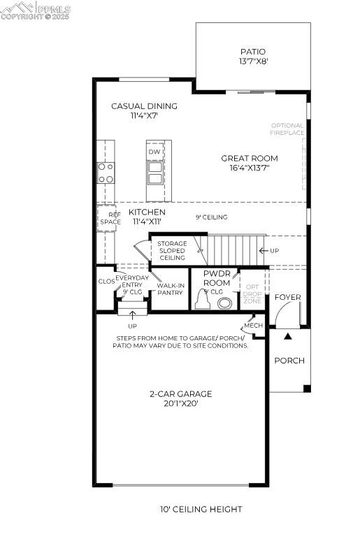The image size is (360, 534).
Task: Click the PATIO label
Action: [252, 56]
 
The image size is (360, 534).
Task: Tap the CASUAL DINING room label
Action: [144, 111]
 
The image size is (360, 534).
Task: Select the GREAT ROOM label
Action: [249, 163]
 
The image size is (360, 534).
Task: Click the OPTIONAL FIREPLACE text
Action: [287, 129]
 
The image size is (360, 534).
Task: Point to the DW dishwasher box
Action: [154, 152]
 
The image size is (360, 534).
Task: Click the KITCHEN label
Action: [147, 217]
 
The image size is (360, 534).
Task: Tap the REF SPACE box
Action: [110, 217]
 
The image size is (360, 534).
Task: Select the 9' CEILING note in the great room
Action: [211, 217]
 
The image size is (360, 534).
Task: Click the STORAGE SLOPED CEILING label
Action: [172, 251]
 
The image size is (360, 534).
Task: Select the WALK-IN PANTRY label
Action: [170, 289]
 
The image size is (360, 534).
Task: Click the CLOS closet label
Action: [106, 281]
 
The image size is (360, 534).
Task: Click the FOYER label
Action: [287, 297]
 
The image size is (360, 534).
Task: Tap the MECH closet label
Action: [252, 326]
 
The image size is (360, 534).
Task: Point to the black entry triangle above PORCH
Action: [287, 337]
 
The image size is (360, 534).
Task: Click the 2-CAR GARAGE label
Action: [180, 398]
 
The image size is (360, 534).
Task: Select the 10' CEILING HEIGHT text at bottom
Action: [201, 510]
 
